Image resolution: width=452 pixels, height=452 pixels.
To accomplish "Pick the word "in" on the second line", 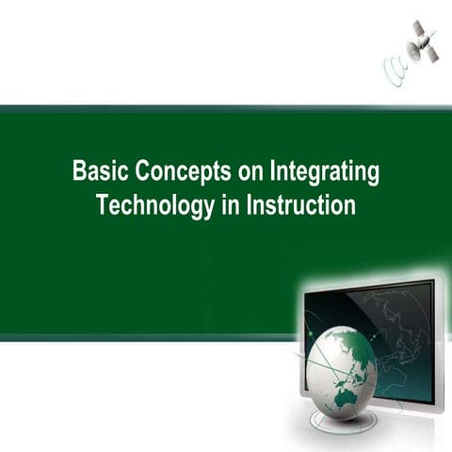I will tap(232, 205).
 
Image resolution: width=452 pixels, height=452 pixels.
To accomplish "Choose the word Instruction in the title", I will tap(301, 205).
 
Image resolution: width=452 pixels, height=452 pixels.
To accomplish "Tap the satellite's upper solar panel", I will tap(418, 29).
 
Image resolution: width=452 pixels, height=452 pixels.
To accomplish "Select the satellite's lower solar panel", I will tap(430, 54).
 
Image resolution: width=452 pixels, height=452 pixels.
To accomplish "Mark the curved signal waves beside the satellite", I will tap(395, 72).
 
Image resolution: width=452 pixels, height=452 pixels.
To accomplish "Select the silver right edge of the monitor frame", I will tap(440, 348).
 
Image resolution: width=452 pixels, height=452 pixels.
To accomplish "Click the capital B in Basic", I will tap(79, 173).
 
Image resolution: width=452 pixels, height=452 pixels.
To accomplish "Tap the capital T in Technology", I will tap(103, 205).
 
